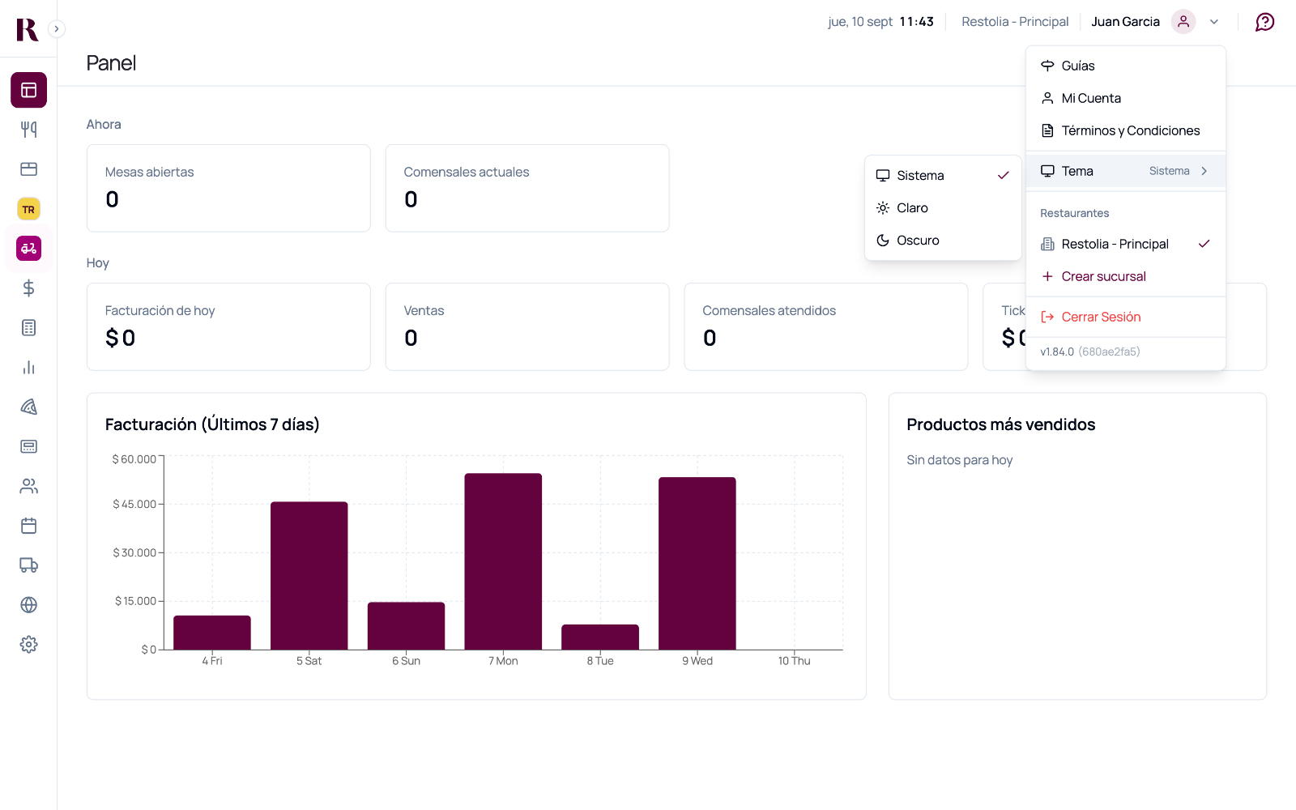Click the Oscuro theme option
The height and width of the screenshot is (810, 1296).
tap(918, 240)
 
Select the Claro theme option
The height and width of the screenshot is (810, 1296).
tap(912, 207)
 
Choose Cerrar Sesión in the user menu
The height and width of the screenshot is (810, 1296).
tap(1101, 317)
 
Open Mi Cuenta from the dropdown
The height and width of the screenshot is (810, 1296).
tap(1090, 98)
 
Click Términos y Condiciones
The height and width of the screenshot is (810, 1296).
tap(1130, 130)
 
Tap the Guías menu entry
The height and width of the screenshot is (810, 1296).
tap(1077, 66)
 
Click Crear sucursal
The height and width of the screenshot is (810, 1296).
tap(1102, 276)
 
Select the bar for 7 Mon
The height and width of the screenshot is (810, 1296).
tap(503, 561)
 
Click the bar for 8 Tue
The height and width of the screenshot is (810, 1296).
tap(600, 637)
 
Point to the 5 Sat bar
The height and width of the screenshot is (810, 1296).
tap(309, 576)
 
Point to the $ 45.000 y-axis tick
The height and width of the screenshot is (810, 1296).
tap(134, 504)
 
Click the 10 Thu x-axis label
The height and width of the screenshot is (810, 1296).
tap(794, 661)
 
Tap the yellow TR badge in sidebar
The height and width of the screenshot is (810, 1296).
tap(28, 210)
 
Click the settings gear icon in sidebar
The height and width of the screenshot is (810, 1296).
tap(28, 645)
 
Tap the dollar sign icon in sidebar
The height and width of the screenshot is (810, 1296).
tap(28, 288)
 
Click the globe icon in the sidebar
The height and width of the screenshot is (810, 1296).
tap(28, 605)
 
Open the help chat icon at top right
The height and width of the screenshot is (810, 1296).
tap(1264, 22)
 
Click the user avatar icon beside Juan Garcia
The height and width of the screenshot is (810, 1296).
tap(1183, 22)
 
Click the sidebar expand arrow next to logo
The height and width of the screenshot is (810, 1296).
tap(56, 29)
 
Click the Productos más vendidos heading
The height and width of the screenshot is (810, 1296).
tap(1001, 424)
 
